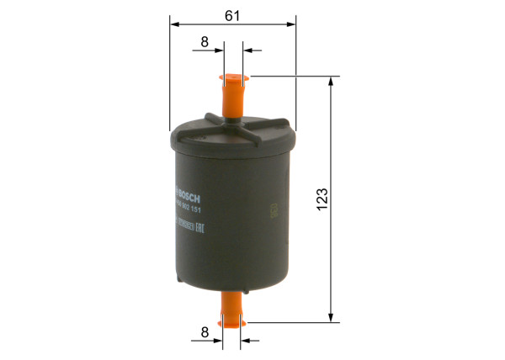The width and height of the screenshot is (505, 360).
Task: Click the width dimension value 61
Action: coord(233,16)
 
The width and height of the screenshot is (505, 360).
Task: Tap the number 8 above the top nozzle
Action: coord(205,41)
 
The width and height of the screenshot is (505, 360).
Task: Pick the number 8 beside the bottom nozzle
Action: coord(205,333)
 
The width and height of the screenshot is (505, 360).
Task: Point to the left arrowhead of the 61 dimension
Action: coord(173,24)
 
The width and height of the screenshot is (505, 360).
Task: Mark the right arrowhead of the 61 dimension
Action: coord(292,24)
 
